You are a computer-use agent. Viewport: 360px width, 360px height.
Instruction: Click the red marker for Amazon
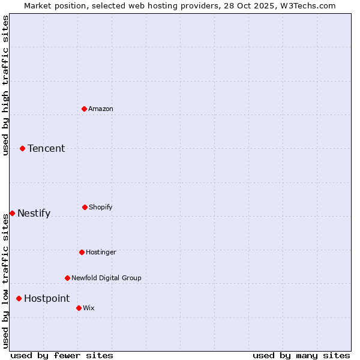point(84,109)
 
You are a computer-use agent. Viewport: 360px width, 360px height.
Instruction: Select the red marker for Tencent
point(22,148)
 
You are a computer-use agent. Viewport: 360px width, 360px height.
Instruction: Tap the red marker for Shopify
point(85,207)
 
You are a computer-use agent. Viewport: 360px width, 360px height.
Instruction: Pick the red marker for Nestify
point(12,213)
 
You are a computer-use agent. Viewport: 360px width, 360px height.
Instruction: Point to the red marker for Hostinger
point(82,252)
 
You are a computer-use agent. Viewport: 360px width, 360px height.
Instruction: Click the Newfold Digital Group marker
point(67,278)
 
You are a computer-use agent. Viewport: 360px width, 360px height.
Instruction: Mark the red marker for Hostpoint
point(19,298)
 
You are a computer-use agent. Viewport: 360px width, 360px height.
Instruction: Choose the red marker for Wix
point(79,308)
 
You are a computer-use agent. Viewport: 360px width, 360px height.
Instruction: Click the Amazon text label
point(101,109)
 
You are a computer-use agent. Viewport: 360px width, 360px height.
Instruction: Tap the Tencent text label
point(46,148)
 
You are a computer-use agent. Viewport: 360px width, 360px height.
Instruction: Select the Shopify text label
point(101,207)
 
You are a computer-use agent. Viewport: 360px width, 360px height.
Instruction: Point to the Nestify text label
point(34,213)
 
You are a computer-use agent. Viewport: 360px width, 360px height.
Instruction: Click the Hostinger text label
point(101,252)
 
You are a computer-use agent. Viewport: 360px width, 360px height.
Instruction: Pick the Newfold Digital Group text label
point(106,278)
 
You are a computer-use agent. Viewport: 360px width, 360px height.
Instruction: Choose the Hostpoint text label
point(47,298)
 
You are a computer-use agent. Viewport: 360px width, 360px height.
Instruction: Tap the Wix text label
point(89,308)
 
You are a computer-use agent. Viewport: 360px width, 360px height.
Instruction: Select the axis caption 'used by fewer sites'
point(62,355)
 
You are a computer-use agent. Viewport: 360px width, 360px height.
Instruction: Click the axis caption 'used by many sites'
point(301,355)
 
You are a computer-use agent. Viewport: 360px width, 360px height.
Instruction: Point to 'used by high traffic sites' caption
point(5,85)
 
